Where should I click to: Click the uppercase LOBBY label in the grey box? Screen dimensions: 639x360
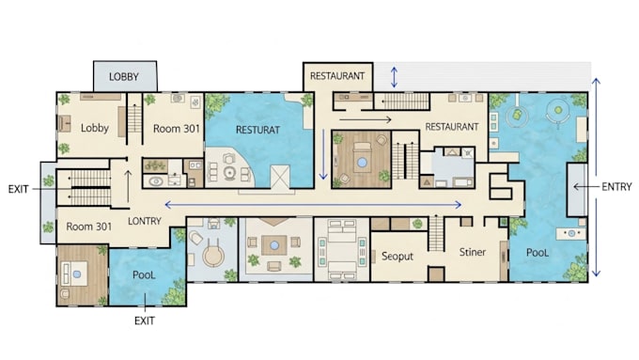[x=124, y=77]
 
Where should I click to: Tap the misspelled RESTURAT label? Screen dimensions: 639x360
[x=258, y=130]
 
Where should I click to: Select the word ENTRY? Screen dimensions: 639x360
[x=616, y=187]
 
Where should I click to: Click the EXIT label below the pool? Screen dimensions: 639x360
[x=145, y=321]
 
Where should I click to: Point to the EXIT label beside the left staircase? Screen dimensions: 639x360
[x=19, y=189]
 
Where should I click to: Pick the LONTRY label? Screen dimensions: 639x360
[x=145, y=221]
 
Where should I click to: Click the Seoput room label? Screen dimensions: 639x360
[x=397, y=257]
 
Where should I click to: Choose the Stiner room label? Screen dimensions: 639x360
[x=473, y=252]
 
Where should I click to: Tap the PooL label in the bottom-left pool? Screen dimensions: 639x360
[x=144, y=274]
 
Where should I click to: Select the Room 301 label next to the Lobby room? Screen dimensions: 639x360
[x=177, y=129]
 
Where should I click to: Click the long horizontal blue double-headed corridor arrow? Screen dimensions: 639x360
[x=313, y=205]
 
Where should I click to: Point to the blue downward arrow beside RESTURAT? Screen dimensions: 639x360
[x=323, y=154]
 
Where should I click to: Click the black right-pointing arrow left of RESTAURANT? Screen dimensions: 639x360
[x=366, y=119]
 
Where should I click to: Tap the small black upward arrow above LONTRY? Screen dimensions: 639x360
[x=128, y=186]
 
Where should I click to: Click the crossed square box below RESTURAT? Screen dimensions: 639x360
[x=280, y=177]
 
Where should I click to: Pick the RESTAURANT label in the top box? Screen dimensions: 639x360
[x=337, y=76]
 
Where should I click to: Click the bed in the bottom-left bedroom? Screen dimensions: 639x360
[x=74, y=274]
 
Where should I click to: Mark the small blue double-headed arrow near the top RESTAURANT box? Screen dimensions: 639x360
[x=394, y=77]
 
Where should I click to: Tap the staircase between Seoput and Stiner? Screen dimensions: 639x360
[x=436, y=233]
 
